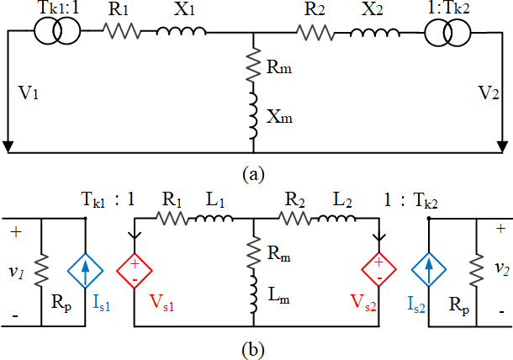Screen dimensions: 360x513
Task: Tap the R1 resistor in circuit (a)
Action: (120, 31)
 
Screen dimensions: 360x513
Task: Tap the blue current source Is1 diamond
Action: (86, 269)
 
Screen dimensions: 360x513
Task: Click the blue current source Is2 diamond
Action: (429, 269)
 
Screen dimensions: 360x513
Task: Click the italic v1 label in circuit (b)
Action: (19, 271)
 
